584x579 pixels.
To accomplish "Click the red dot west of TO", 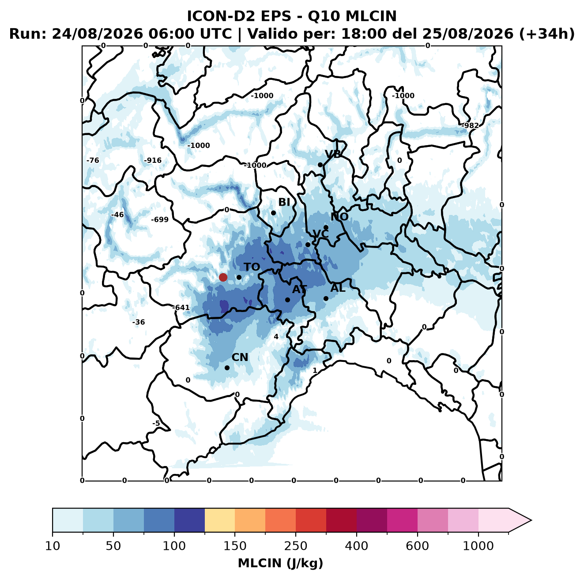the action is pos(223,277).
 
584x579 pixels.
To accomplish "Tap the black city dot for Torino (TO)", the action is pos(239,277).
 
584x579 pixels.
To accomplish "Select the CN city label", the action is pos(240,357).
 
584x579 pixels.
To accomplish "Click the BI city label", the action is pos(284,202).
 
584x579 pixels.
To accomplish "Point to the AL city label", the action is pos(338,288).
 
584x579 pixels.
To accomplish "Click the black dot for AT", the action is pos(287,300).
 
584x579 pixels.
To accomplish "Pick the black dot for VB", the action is pos(320,165).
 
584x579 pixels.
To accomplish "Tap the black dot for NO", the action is pos(326,227).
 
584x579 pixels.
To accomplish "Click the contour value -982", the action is pos(470,125).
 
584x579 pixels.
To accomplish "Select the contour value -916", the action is pos(153,160).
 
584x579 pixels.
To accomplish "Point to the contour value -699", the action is pos(160,219).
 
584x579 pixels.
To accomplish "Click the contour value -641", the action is pos(181,308).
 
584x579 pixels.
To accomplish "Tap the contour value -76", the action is pos(93,160).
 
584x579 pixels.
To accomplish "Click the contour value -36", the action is pos(139,322).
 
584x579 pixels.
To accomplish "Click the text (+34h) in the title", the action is pos(547,34).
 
